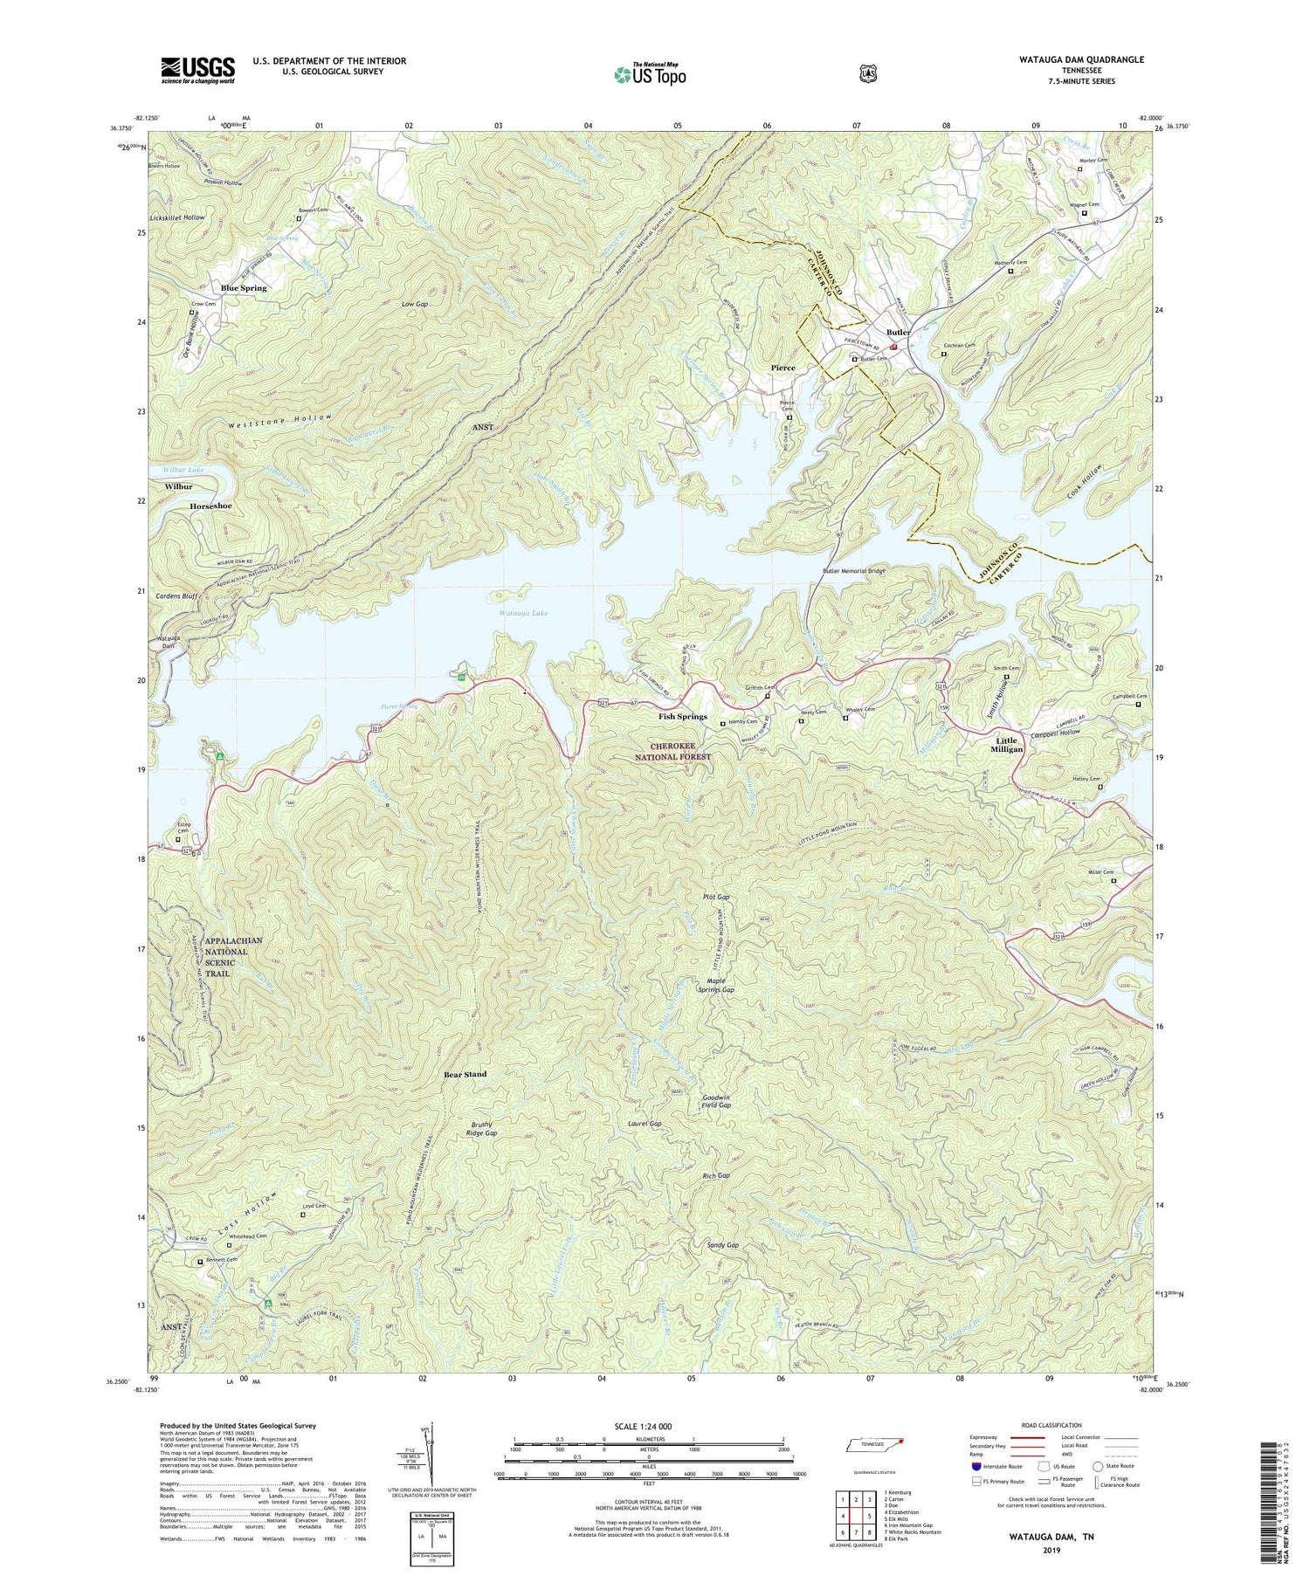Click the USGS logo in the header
[197, 70]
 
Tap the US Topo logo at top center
[650, 73]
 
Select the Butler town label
[898, 333]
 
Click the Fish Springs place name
[682, 717]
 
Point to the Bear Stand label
[465, 1074]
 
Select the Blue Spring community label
[244, 288]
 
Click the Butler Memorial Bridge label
[853, 571]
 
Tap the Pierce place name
[783, 368]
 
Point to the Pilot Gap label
[716, 897]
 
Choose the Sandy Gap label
[722, 1245]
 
